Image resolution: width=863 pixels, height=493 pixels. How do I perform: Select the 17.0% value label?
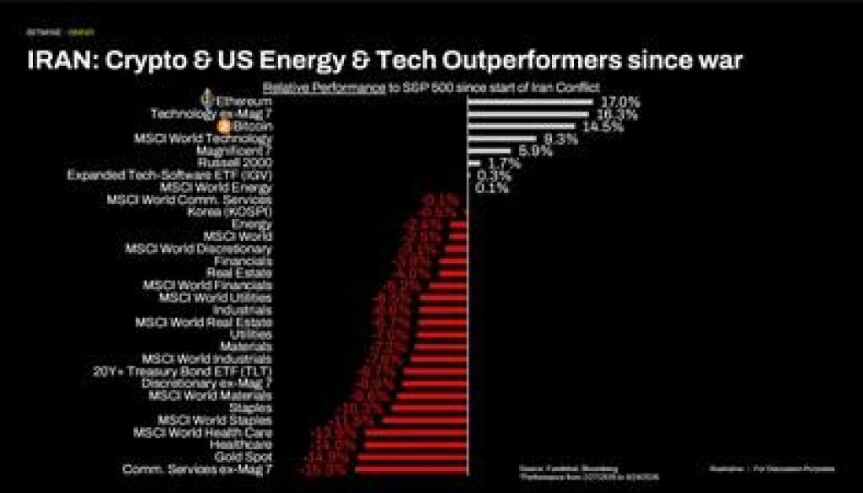click(x=619, y=102)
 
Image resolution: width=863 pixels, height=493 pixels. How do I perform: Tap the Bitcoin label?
click(x=252, y=126)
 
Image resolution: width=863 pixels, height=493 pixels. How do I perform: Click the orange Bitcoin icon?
click(x=224, y=126)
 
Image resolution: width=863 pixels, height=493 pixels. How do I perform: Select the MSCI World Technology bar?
click(x=501, y=138)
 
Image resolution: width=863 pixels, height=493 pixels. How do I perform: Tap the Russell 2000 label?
click(x=234, y=163)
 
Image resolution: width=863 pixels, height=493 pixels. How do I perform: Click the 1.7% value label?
click(x=504, y=163)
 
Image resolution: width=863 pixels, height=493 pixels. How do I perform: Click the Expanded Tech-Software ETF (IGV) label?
click(x=169, y=175)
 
